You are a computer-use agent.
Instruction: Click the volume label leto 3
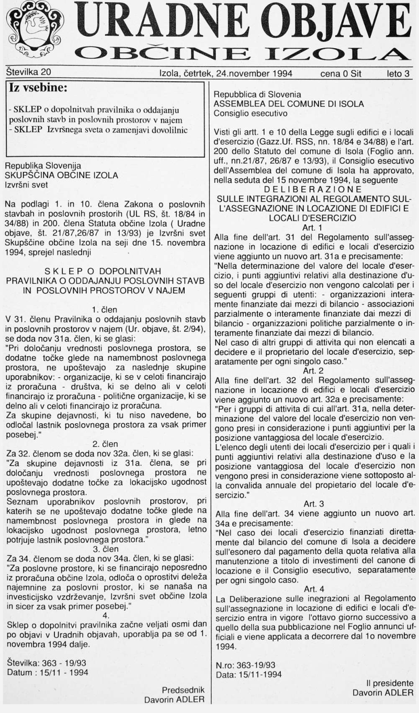(x=398, y=74)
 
